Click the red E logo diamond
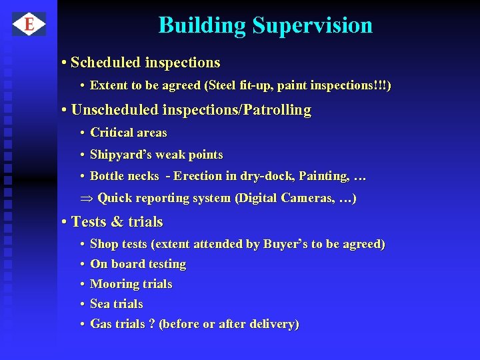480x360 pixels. tap(29, 25)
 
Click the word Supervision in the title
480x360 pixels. tap(312, 25)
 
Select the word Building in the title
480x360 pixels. tap(202, 25)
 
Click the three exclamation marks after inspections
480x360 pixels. tap(381, 86)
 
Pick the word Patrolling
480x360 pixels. tap(279, 110)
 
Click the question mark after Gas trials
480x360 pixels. tap(151, 324)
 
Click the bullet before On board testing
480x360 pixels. tap(81, 265)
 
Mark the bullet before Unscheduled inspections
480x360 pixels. tap(63, 110)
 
